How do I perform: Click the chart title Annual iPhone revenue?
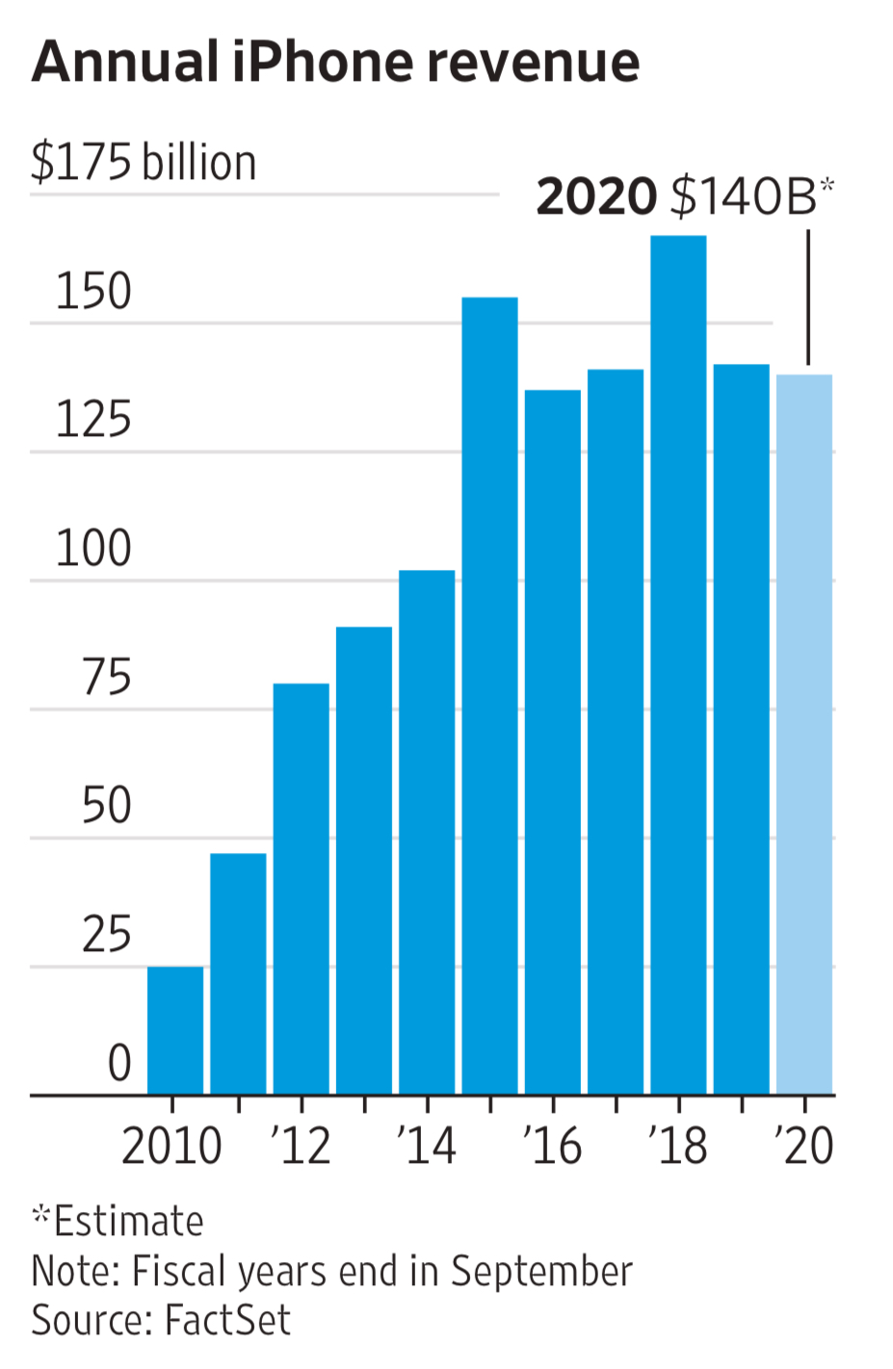click(335, 63)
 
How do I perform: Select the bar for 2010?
click(175, 1030)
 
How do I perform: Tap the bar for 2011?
click(238, 972)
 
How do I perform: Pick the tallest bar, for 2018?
click(678, 664)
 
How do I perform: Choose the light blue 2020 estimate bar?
click(804, 732)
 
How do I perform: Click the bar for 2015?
click(489, 693)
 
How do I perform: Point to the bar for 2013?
click(364, 857)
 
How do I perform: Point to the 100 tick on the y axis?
click(93, 549)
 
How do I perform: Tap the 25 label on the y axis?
click(106, 935)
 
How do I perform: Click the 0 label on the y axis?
click(119, 1064)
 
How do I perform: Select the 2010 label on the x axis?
click(171, 1146)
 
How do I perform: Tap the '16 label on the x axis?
click(552, 1146)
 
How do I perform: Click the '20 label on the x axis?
click(803, 1146)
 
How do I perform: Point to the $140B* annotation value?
click(751, 196)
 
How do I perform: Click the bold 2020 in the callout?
click(596, 196)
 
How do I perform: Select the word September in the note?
click(541, 1271)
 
